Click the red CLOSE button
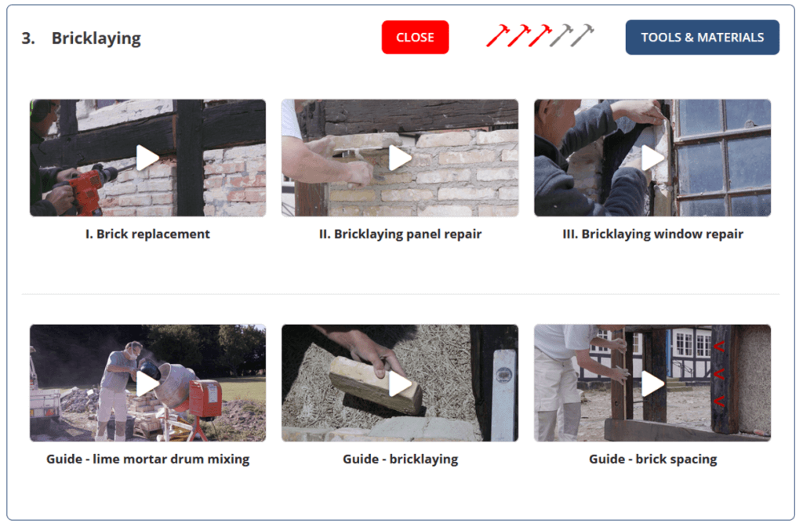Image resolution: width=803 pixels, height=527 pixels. click(415, 38)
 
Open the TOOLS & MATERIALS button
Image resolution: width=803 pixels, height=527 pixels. click(702, 38)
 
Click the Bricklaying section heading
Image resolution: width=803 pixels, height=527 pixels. click(96, 38)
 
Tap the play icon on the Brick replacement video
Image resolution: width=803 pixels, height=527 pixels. click(147, 158)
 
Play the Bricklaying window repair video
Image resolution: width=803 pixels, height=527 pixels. click(652, 158)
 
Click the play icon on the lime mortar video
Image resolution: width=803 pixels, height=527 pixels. click(147, 383)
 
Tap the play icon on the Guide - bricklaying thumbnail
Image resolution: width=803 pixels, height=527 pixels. click(400, 383)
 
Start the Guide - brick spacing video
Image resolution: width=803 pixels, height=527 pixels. click(652, 383)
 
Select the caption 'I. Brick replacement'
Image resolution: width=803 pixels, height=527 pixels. click(147, 234)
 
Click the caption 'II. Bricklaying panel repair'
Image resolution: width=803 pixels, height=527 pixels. click(400, 234)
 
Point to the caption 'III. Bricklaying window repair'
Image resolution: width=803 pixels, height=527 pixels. click(652, 234)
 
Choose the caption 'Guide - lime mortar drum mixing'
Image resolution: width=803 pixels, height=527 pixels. click(147, 459)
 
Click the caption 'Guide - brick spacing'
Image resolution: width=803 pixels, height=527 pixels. click(652, 459)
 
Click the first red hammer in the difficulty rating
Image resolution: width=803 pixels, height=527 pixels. click(496, 36)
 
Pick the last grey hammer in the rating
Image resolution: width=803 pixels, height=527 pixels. click(583, 36)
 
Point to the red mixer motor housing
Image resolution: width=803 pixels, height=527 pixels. click(205, 399)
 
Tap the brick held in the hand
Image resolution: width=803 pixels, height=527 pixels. click(376, 384)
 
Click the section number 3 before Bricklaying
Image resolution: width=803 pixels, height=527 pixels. click(28, 38)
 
